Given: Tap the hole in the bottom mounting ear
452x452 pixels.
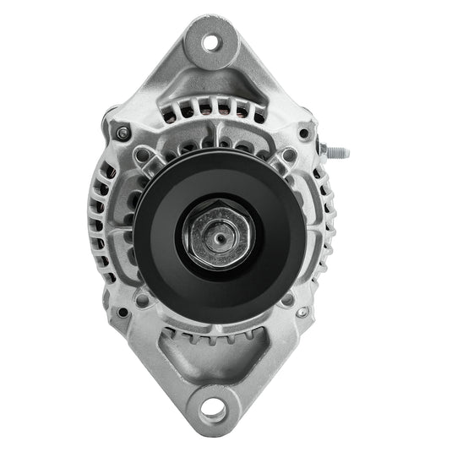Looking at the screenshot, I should point(215,412).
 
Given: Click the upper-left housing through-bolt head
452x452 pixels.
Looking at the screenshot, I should point(124,133).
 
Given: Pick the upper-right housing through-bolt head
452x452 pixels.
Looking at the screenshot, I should point(304,133).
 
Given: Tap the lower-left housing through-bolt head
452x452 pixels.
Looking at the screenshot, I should point(123,312).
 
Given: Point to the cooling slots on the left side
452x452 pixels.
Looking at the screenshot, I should point(98,224).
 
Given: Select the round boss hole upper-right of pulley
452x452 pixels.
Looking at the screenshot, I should point(287,156).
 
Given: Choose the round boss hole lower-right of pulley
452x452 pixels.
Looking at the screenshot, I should point(288,297).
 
